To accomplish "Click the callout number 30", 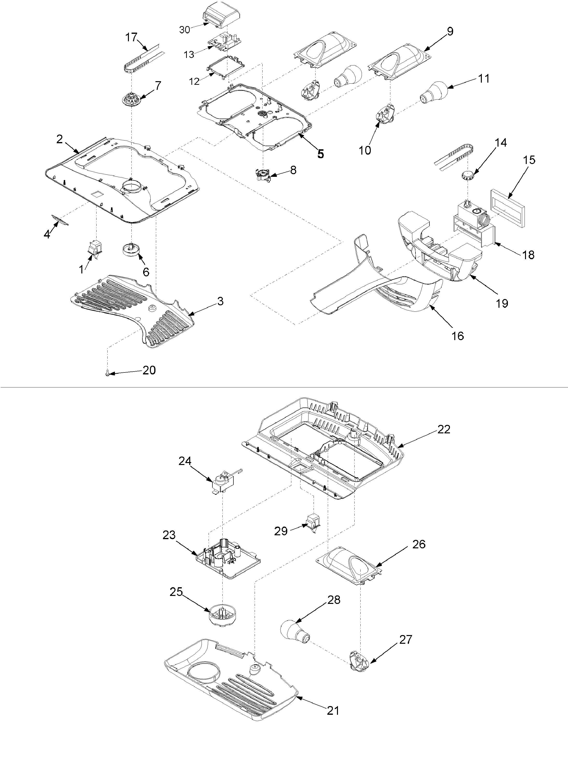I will pos(184,30).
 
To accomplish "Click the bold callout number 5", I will pos(320,154).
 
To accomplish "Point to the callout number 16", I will pos(457,336).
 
